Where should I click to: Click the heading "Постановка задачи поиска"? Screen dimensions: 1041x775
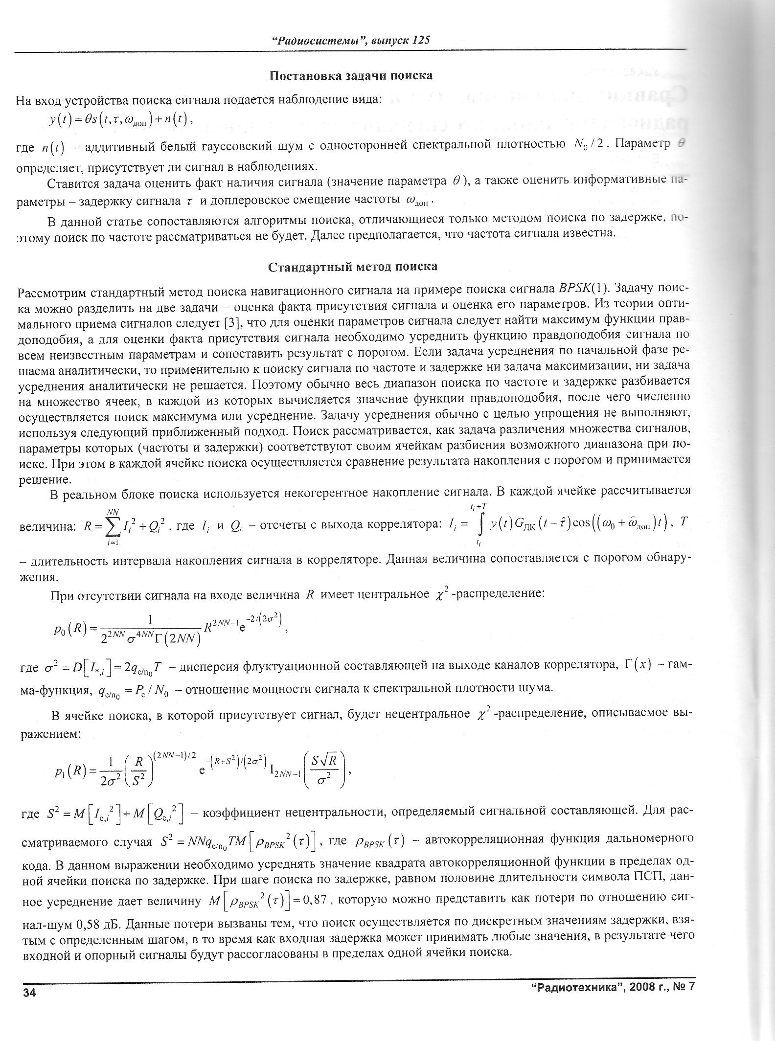click(x=351, y=76)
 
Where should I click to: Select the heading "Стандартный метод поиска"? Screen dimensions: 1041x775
click(x=353, y=267)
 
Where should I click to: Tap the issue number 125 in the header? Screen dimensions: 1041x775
click(x=421, y=40)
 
